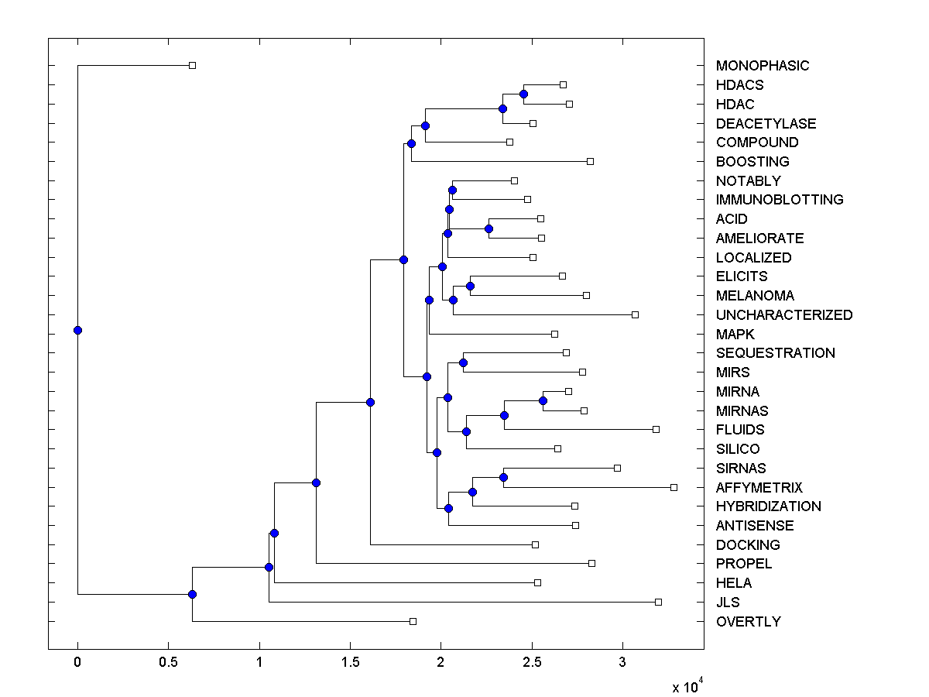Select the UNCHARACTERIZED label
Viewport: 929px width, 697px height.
tap(783, 315)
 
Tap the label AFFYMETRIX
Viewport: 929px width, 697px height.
tap(759, 488)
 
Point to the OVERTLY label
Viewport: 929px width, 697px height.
tap(748, 622)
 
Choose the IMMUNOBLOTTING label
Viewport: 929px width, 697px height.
tap(779, 200)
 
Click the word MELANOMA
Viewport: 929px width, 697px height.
tap(755, 296)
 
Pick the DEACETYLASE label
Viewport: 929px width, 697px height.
tap(766, 124)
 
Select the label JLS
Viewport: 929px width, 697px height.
tap(728, 603)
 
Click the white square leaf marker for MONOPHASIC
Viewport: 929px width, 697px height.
tap(193, 66)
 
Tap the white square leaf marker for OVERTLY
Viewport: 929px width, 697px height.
tap(413, 621)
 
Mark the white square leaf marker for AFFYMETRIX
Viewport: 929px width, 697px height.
tap(674, 487)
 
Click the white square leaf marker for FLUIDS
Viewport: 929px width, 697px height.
tap(656, 429)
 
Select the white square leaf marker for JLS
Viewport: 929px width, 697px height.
tap(658, 602)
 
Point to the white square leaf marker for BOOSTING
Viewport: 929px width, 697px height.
tap(590, 161)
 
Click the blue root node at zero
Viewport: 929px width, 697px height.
tap(77, 330)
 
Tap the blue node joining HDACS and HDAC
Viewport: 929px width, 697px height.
tap(523, 94)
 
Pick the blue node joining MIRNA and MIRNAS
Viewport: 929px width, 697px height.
tap(543, 400)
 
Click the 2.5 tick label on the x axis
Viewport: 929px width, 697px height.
tap(531, 662)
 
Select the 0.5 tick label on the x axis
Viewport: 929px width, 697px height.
tap(168, 662)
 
